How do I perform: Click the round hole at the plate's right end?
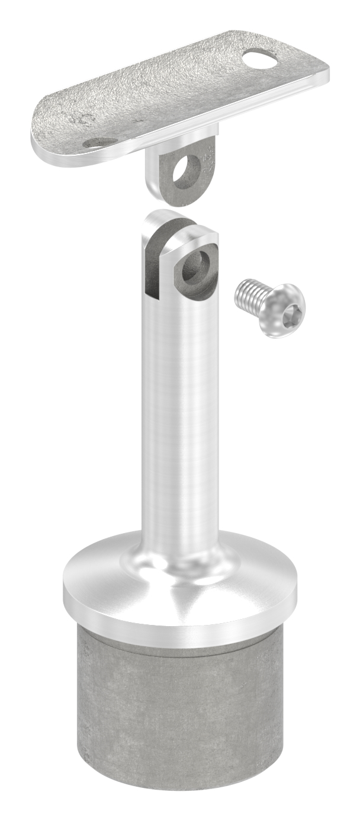tap(260, 59)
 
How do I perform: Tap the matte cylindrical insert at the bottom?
tap(178, 729)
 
